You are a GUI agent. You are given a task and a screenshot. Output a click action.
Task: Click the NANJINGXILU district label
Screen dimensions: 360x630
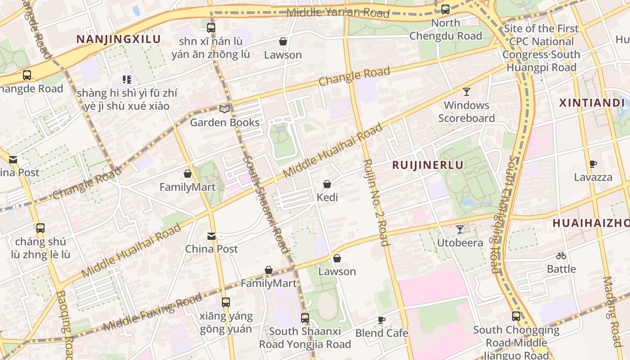click(x=118, y=39)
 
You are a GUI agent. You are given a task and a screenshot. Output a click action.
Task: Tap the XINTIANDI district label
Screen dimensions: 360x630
click(x=592, y=103)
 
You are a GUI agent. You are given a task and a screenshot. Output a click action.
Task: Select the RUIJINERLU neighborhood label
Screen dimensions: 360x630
click(x=427, y=165)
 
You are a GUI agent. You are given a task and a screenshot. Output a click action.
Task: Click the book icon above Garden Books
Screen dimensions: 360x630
click(x=224, y=109)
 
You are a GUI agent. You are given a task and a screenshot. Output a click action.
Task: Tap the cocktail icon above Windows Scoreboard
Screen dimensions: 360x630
click(x=467, y=92)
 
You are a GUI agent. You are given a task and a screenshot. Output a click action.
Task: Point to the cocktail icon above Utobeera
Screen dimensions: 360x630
click(x=459, y=229)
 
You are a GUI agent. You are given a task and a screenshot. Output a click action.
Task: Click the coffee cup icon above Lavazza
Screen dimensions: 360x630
click(x=593, y=164)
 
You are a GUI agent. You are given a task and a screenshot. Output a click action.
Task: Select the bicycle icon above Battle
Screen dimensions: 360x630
click(x=561, y=256)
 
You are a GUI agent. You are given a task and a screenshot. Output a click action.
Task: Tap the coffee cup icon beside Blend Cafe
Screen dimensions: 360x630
click(x=381, y=320)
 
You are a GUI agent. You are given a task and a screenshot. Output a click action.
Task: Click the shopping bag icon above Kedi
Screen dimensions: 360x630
click(x=327, y=184)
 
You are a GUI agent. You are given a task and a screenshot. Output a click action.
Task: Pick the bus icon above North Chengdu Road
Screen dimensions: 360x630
click(x=445, y=9)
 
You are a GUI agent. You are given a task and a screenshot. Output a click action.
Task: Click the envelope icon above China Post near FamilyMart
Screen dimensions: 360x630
click(x=211, y=236)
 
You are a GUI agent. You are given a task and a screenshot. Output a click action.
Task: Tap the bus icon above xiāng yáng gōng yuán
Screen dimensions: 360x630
click(x=225, y=302)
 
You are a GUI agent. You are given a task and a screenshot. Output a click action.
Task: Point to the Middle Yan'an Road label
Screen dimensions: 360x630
click(x=337, y=12)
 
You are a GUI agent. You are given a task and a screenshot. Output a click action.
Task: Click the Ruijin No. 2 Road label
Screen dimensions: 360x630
click(x=375, y=202)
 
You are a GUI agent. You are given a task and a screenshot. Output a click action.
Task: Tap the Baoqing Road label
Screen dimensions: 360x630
click(x=64, y=324)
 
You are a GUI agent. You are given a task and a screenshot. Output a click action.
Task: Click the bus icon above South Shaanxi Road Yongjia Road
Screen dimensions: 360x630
click(x=305, y=318)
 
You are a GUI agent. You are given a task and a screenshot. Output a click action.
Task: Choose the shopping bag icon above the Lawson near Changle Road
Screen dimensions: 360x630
click(x=283, y=42)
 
